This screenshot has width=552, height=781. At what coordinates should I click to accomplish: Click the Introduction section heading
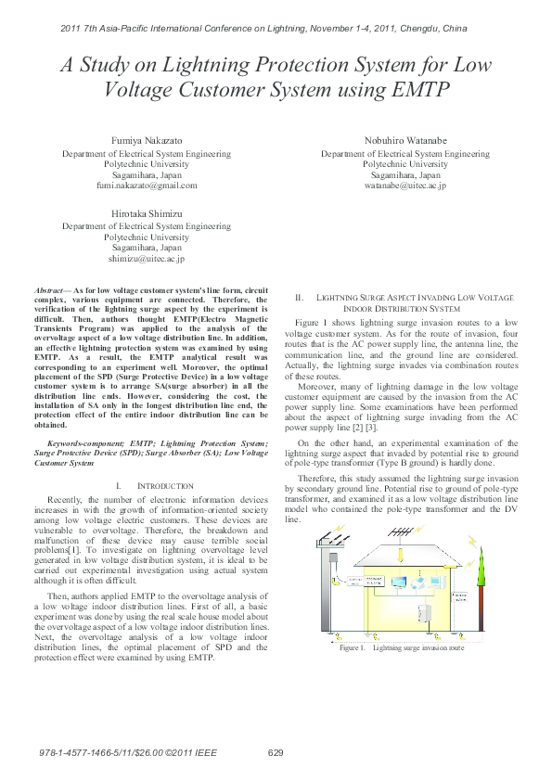pyautogui.click(x=166, y=486)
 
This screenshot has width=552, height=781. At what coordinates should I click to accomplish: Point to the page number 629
pyautogui.click(x=276, y=752)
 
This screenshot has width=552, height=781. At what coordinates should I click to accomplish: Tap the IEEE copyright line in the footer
pyautogui.click(x=130, y=752)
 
